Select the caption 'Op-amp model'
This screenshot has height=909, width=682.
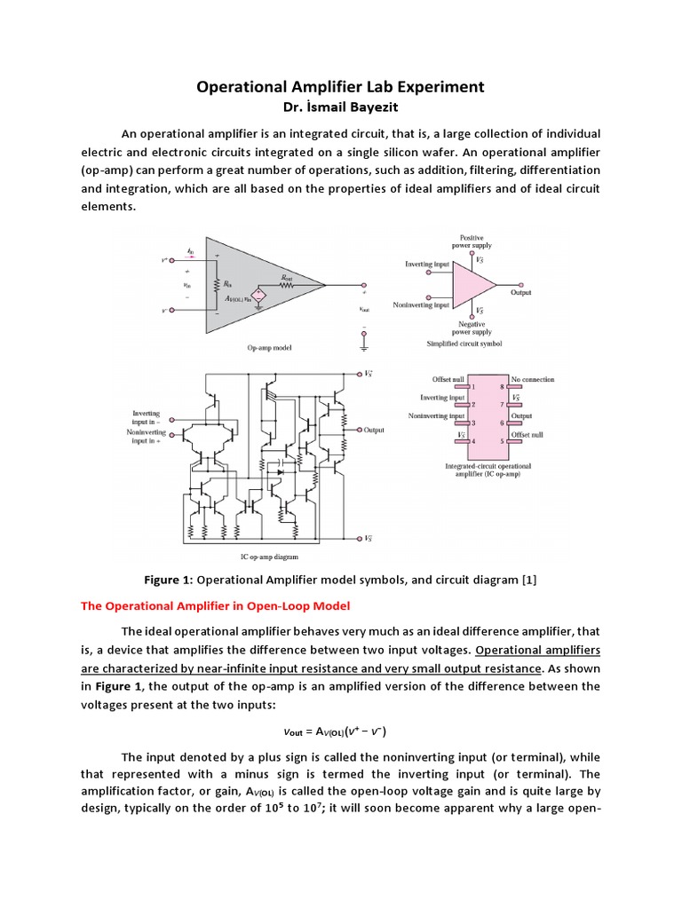coord(272,348)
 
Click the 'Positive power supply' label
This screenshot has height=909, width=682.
coord(472,241)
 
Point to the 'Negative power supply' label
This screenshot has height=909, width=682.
coord(472,328)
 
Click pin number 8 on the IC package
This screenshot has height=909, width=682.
coord(502,387)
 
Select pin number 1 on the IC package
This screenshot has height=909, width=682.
coord(473,387)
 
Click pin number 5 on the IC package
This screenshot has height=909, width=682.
coord(502,440)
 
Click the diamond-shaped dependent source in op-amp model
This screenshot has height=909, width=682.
coord(259,294)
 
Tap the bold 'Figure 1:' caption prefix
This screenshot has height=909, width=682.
coord(168,581)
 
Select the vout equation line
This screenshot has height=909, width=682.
coord(341,731)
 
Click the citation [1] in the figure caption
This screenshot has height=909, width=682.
coord(528,581)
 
